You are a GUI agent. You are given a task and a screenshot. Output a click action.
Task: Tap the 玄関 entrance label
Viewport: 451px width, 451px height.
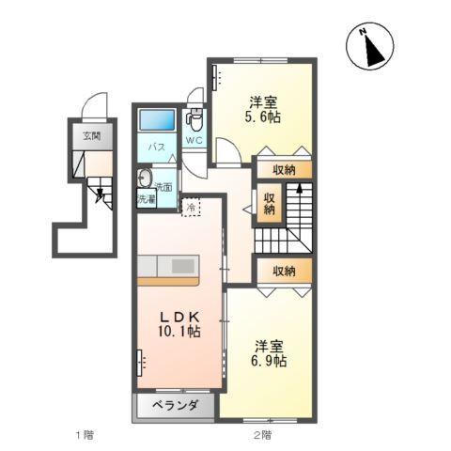click(x=91, y=135)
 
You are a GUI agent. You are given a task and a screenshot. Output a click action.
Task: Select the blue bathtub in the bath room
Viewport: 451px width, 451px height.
click(x=157, y=121)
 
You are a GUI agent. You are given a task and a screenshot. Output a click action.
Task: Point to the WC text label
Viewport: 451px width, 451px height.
click(x=194, y=141)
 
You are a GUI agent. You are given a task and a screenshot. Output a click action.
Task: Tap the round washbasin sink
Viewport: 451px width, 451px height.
click(x=146, y=179)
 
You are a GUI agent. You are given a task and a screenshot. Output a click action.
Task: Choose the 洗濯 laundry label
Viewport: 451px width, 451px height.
click(x=147, y=199)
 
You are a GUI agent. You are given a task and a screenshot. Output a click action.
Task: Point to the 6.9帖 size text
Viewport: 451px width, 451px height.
click(x=268, y=362)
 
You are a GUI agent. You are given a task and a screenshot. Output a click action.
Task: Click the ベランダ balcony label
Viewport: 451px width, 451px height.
click(x=174, y=406)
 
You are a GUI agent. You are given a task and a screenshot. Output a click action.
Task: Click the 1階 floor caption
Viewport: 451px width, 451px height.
click(x=85, y=434)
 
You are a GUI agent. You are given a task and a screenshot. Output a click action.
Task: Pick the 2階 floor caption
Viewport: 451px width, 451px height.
click(x=261, y=434)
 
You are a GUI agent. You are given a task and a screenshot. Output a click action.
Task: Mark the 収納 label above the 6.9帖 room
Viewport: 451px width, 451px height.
click(x=284, y=271)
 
